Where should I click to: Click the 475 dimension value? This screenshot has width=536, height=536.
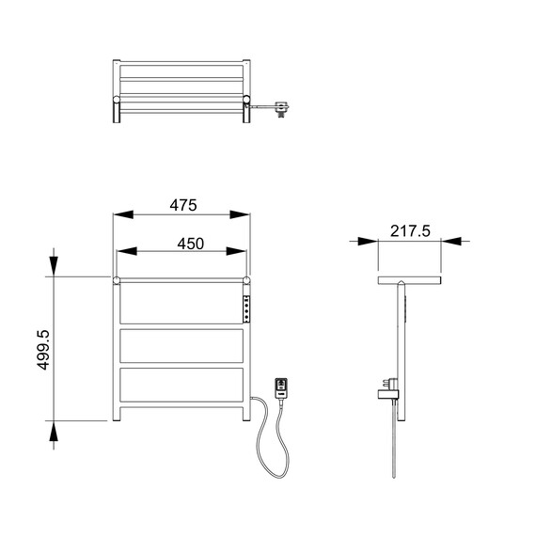click(x=183, y=205)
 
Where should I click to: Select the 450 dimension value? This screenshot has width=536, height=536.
click(x=190, y=244)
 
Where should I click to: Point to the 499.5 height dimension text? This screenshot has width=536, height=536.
click(x=43, y=350)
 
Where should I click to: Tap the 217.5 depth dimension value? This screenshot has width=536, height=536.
click(x=410, y=231)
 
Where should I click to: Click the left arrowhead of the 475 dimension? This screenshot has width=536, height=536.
click(x=123, y=214)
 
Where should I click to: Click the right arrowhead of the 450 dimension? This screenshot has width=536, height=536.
click(x=236, y=251)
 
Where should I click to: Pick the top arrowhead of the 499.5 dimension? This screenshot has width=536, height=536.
click(x=54, y=266)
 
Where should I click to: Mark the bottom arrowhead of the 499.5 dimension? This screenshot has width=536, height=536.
click(x=54, y=431)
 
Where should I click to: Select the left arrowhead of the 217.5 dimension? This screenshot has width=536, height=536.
click(x=369, y=241)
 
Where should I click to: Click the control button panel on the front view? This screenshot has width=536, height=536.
click(x=246, y=309)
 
